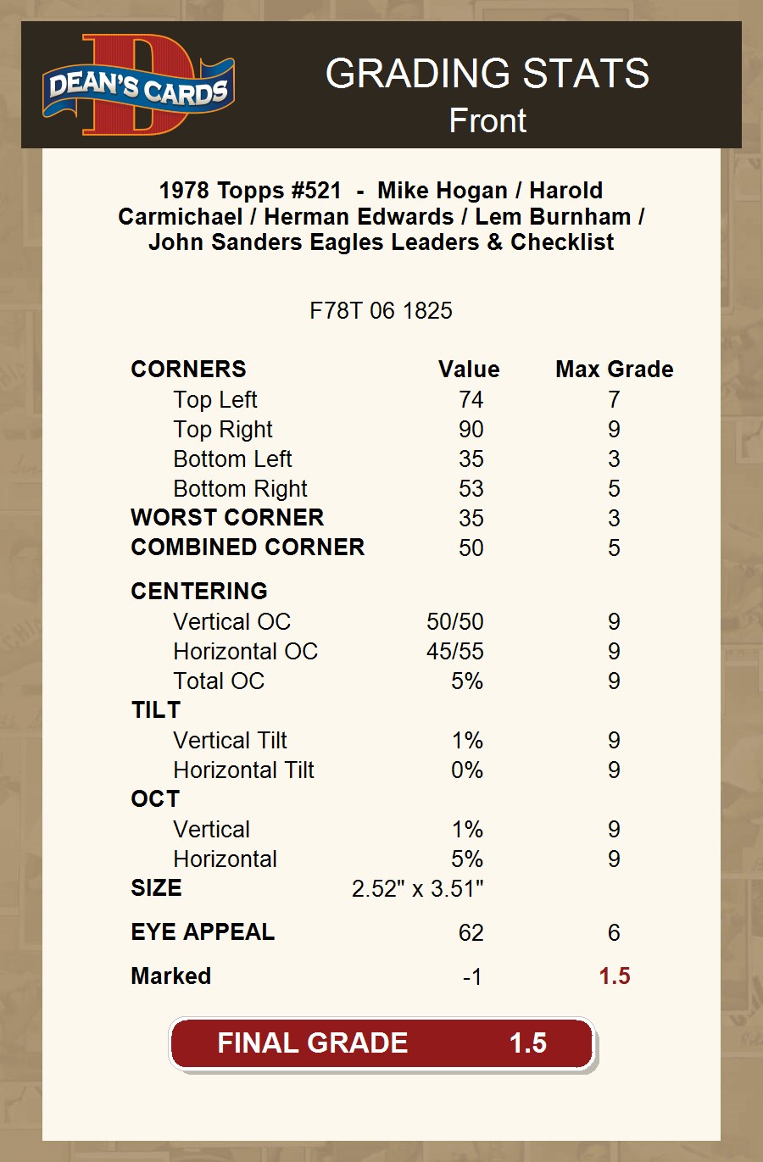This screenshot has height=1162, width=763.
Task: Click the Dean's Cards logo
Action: (138, 86)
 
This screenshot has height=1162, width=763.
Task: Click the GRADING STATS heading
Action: (487, 74)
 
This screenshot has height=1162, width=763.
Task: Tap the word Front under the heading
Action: (487, 121)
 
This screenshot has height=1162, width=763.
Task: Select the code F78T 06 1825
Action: (381, 311)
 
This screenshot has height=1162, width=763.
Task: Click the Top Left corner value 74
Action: (471, 400)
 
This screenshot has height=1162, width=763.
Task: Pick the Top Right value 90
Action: (471, 430)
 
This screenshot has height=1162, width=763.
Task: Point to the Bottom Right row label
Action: (240, 489)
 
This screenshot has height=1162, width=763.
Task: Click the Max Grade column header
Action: (614, 370)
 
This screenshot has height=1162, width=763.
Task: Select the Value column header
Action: (469, 370)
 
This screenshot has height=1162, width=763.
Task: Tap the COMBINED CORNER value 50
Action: (471, 548)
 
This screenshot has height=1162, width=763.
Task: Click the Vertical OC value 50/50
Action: (454, 622)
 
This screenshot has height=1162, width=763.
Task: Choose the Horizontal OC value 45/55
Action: (454, 652)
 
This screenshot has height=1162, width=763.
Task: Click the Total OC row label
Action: (219, 681)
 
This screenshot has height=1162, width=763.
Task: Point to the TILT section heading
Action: (156, 710)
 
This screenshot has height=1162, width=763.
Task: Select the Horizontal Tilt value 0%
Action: (467, 770)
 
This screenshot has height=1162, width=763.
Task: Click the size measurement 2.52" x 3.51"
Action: (417, 889)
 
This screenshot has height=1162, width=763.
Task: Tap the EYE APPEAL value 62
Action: (471, 933)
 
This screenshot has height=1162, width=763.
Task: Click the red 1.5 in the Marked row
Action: (614, 976)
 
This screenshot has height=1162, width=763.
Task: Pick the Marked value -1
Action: (472, 977)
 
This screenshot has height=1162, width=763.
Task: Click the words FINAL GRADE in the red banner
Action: (312, 1043)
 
